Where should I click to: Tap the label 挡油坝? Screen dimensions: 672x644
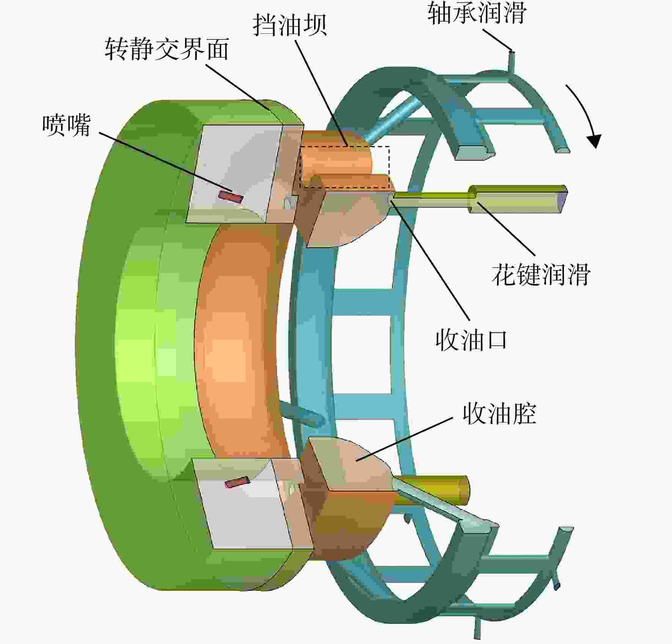click(290, 25)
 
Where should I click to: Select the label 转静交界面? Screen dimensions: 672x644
click(167, 49)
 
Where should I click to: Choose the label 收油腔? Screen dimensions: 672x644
click(499, 414)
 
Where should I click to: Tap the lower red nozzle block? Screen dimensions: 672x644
click(237, 482)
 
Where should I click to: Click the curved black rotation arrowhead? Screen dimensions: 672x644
click(594, 141)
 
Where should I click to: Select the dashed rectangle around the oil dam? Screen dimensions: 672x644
click(344, 167)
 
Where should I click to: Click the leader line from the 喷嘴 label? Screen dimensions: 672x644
click(165, 161)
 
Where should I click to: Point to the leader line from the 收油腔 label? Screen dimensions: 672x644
click(404, 439)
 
